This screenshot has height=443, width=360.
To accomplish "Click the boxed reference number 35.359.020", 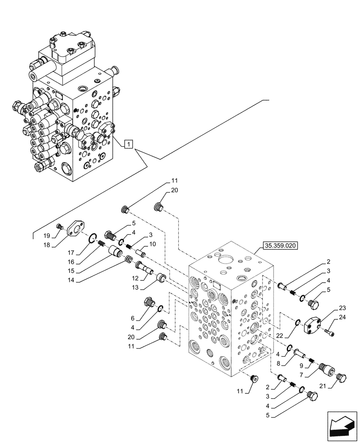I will [x=281, y=244].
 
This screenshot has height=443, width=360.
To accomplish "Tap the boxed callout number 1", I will [x=128, y=144].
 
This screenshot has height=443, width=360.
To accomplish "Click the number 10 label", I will [x=152, y=244].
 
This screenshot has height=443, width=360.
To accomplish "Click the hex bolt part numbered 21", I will [x=342, y=377].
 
